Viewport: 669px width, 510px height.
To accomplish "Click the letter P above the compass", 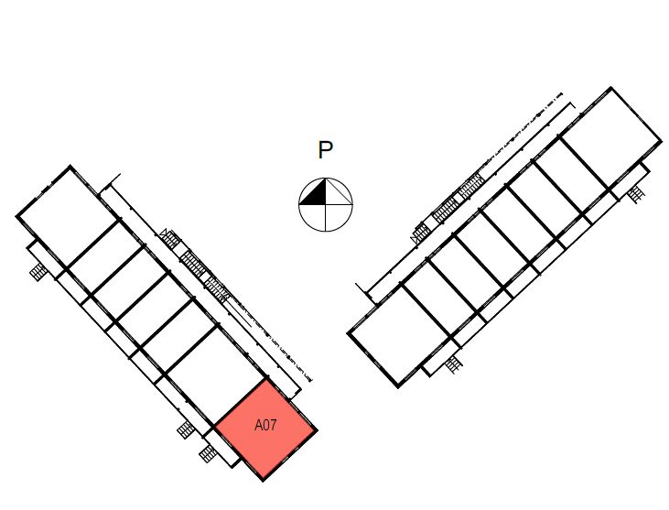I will pos(325,151).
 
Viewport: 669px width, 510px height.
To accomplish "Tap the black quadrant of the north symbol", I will pos(316,194).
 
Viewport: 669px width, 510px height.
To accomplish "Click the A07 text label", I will pos(265,426).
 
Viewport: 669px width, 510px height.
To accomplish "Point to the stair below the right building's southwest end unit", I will pos(453,364).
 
